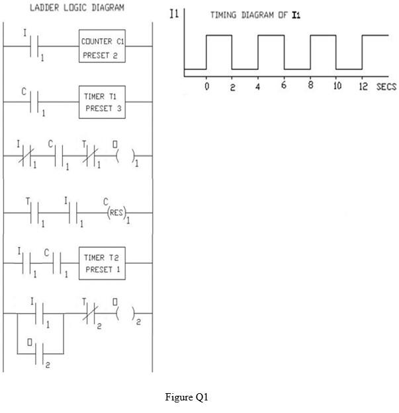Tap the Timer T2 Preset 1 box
pos(102,265)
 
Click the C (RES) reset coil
pos(113,213)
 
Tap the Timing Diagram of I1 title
pos(255,15)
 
